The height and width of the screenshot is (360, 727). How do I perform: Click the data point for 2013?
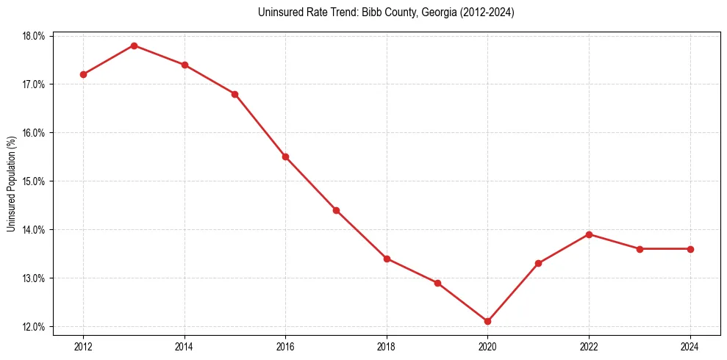coord(134,46)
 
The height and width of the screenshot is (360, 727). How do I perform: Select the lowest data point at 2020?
coord(487,321)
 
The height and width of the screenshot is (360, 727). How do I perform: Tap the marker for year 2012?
coord(83,74)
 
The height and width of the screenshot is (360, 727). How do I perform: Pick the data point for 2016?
coord(285,156)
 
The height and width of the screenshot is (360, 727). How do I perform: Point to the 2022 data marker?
coord(589,234)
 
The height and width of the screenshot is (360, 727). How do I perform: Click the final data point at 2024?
coord(690,249)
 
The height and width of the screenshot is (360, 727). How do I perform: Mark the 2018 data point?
coord(387,259)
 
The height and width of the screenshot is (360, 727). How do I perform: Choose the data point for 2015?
coord(234,94)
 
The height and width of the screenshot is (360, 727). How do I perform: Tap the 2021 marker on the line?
coord(538,263)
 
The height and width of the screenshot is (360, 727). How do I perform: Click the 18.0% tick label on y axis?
coord(34,36)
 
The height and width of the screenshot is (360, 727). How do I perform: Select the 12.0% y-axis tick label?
coord(34,327)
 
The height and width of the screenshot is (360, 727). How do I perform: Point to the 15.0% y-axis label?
coord(34,181)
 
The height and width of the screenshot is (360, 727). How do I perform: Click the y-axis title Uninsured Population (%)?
coord(11,184)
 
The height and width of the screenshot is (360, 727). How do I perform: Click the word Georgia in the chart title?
coord(438,12)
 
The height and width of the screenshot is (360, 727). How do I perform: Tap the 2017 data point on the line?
coord(336,210)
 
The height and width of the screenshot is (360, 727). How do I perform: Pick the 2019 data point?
coord(437,283)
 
